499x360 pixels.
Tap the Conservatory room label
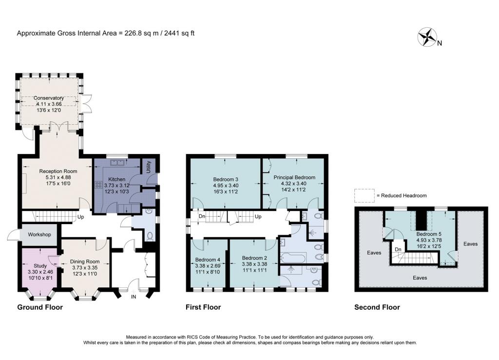click(x=49, y=98)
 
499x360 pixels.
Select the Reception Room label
click(x=58, y=171)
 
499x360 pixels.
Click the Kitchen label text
click(x=117, y=179)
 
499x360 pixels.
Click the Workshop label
click(x=39, y=234)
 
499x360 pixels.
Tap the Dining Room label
click(x=81, y=261)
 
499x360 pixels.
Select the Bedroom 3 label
click(x=225, y=179)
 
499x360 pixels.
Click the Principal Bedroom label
click(x=294, y=177)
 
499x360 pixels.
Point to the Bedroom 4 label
click(x=208, y=259)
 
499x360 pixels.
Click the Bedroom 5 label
click(x=428, y=233)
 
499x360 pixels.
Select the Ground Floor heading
click(x=40, y=307)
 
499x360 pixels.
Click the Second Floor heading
click(x=377, y=307)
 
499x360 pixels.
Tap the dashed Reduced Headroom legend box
click(x=362, y=195)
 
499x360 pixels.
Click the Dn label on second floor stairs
click(x=398, y=249)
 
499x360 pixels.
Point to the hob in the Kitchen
click(x=97, y=185)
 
